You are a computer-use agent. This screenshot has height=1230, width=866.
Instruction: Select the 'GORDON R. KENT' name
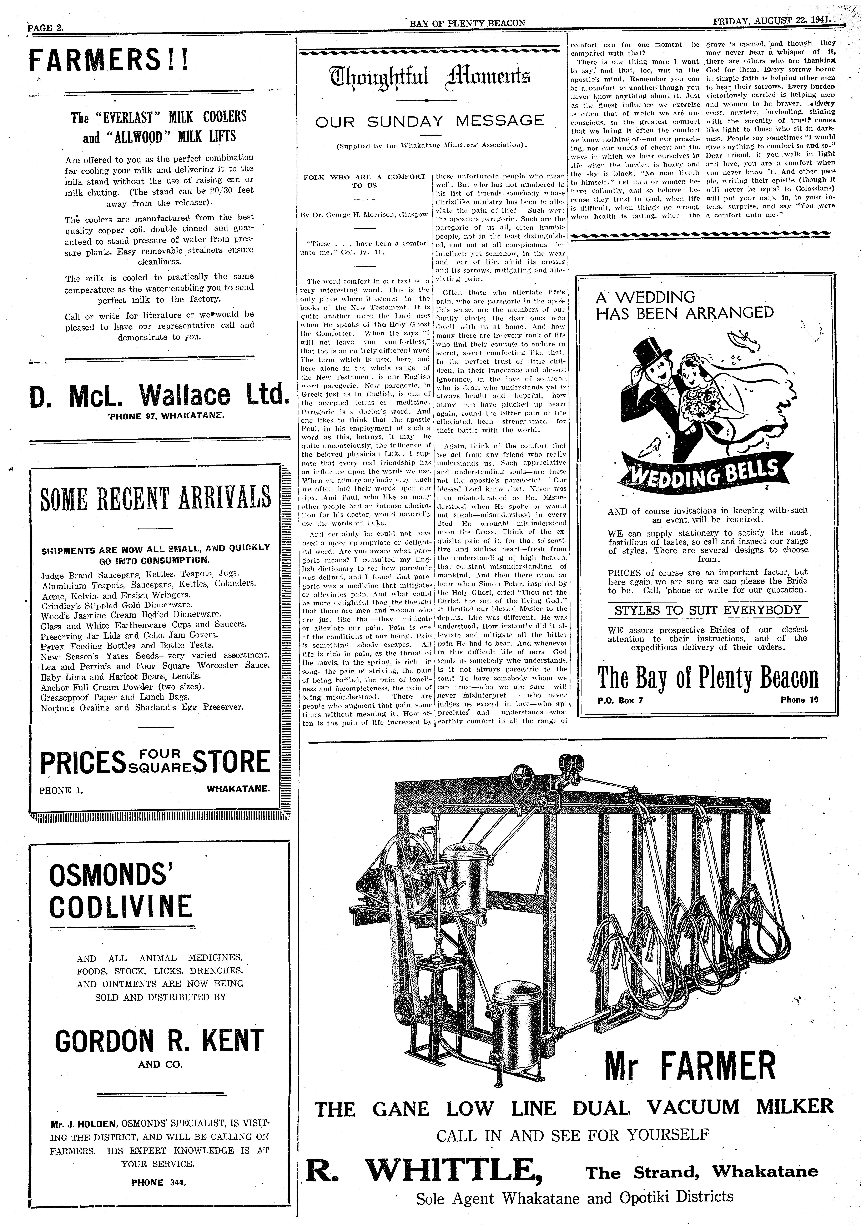click(x=160, y=1041)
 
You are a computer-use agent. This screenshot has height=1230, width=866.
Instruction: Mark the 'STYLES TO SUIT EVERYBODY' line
click(x=708, y=610)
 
